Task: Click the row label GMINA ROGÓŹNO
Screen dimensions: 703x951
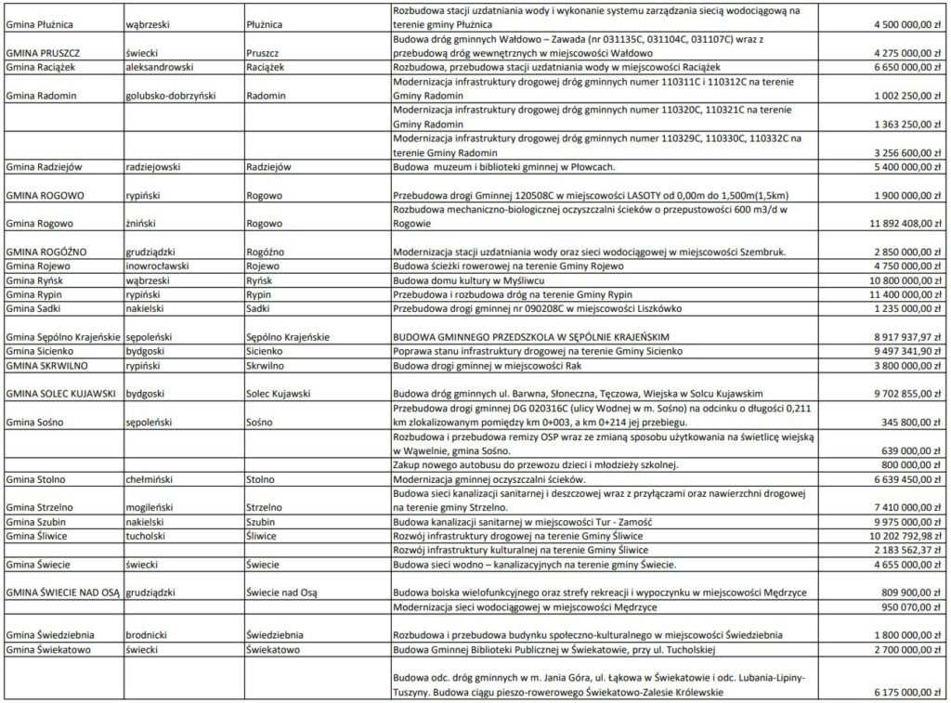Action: (x=46, y=252)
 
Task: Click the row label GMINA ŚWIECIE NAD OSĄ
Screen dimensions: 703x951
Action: (x=62, y=592)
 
